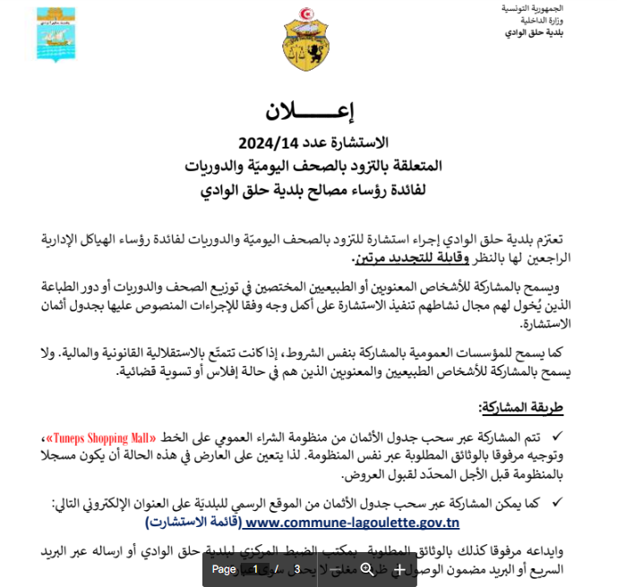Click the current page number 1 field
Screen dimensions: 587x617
255,569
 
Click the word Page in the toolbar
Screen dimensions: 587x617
224,569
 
